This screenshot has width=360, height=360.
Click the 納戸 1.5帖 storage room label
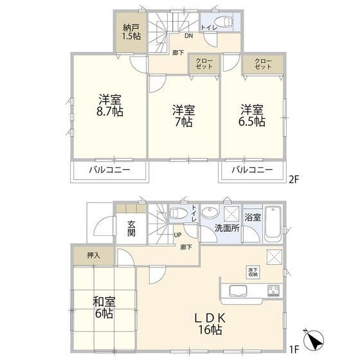pos(132,32)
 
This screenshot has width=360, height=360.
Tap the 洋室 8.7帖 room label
pos(110,105)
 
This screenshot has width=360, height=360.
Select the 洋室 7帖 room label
pos(184,116)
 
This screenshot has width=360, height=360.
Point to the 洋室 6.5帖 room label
pos(252,116)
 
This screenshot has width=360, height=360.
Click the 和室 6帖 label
pos(104,307)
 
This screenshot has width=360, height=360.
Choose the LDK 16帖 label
pos(210,324)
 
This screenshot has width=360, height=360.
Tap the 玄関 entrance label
pos(131,228)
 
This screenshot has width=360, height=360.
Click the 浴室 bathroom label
pos(253,217)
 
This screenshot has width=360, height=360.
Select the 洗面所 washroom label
pos(227,228)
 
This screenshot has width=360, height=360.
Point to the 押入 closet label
pos(94,255)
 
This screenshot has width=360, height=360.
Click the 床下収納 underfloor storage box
pos(253,272)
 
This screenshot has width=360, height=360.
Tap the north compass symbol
pos(314,340)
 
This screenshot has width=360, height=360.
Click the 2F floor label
pos(294,179)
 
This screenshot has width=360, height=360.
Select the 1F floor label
pos(294,350)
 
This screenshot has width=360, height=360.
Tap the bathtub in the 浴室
pos(273,224)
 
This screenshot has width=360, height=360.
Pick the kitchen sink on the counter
pos(238,291)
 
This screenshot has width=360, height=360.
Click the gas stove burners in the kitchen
pos(273,291)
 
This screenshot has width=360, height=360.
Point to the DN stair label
pos(189,36)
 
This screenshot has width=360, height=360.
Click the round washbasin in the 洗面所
pos(210,213)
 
